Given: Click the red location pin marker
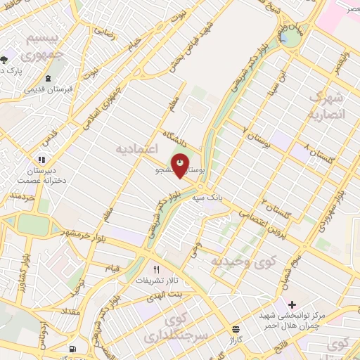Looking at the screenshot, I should click(x=181, y=166).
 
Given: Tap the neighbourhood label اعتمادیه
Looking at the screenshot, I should click(x=137, y=150).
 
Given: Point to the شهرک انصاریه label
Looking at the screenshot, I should click(x=328, y=105).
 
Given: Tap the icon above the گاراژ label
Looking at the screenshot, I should click(x=235, y=328).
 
